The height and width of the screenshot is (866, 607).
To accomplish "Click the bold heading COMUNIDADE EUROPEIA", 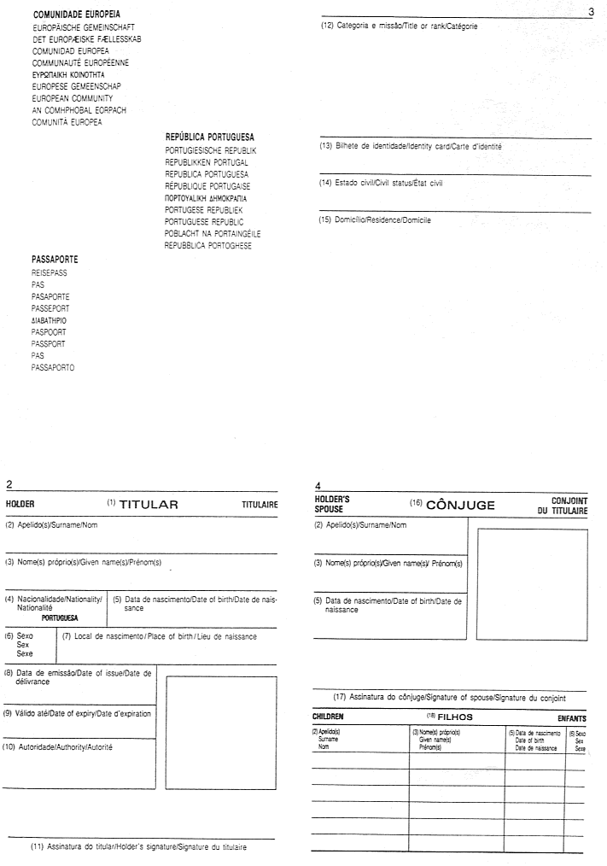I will tap(76, 15).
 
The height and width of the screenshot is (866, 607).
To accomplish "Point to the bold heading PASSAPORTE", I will tap(60, 257).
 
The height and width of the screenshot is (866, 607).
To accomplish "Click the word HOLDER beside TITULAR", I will tap(21, 505).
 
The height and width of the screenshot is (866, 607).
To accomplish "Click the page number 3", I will tap(591, 11).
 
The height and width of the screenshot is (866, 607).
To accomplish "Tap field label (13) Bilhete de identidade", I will tap(411, 147).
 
